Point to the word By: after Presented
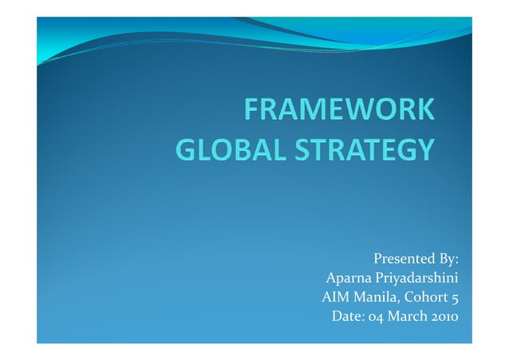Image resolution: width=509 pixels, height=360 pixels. click(448, 259)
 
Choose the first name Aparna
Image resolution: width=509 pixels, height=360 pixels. click(349, 279)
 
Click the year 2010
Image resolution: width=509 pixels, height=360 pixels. click(444, 317)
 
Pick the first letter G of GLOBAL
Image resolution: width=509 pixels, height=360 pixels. click(184, 148)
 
